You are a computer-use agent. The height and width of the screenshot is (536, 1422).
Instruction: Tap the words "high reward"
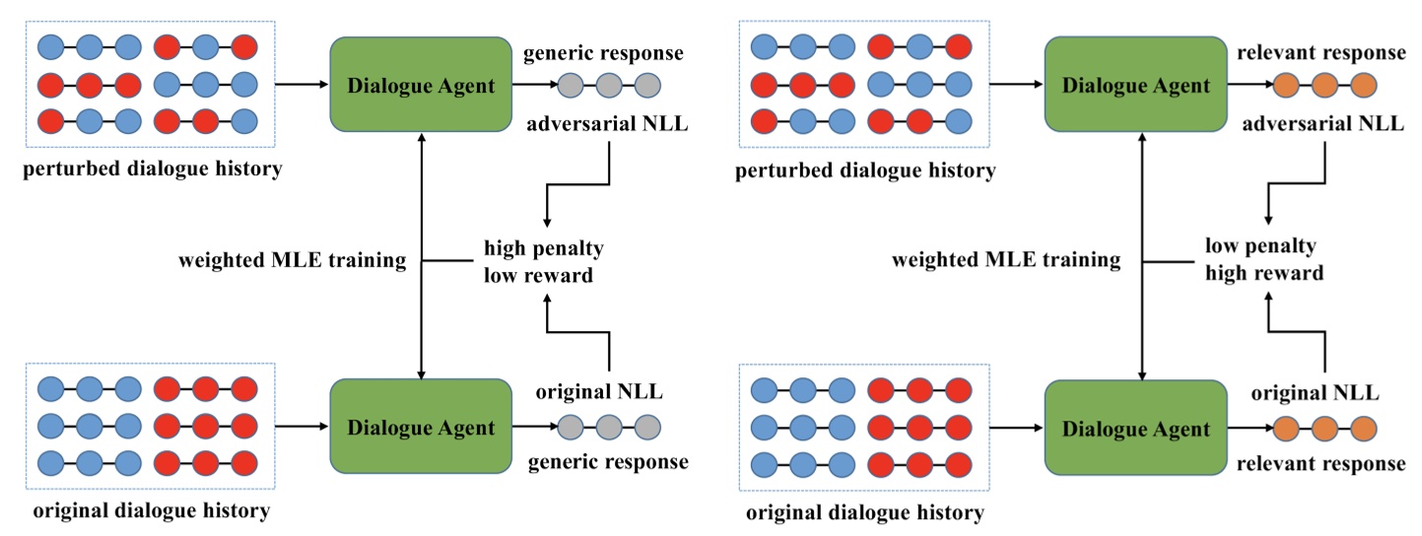coord(1264,273)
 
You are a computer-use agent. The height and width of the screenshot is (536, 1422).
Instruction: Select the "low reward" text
coord(538,275)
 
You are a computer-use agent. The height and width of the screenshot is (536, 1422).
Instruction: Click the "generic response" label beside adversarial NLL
coord(606,52)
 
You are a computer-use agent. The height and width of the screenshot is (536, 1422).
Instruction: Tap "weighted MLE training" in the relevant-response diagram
coord(1006,261)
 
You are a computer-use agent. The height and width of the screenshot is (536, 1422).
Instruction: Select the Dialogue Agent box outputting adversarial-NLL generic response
coord(421,85)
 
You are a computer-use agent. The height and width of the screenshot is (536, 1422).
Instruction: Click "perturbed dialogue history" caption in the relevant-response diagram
coord(865,170)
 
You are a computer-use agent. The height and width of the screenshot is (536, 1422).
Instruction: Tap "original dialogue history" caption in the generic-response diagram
coord(151,510)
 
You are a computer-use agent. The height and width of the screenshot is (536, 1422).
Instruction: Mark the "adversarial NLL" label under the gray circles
coord(607,124)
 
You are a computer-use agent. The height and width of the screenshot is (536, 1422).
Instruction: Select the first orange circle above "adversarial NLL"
coord(1286,86)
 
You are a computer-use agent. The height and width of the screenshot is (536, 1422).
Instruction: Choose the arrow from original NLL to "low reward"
coord(576,335)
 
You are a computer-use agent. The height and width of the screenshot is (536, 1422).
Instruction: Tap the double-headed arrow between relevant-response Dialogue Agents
coord(1141,256)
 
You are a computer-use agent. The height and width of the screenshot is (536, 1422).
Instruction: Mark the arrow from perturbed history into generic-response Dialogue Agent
coord(302,86)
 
